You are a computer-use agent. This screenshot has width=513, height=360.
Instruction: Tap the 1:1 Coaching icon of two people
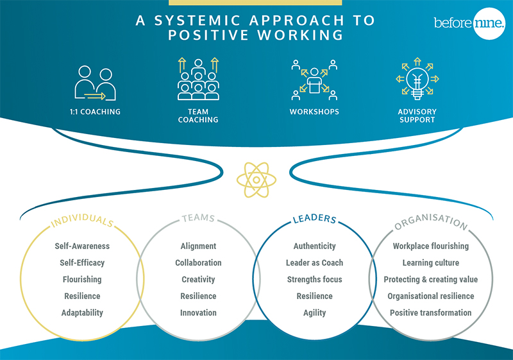coord(95,83)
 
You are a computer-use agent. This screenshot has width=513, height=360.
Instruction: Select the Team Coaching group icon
coord(198,79)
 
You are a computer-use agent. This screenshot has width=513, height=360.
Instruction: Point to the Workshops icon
coord(314,80)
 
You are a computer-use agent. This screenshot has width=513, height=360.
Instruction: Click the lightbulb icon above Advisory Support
coord(417,79)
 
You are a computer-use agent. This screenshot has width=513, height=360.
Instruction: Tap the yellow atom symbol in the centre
coord(256,180)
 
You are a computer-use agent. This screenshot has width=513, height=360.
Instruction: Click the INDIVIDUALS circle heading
coord(82,221)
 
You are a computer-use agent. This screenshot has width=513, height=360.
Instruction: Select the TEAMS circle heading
coord(198,218)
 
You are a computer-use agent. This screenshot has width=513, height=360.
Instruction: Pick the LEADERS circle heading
coord(314,219)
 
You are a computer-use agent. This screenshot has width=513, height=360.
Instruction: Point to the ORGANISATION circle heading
coord(431,221)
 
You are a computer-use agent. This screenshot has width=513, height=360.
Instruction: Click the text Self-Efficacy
coord(82,263)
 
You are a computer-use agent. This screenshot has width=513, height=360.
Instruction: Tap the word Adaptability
coord(82,313)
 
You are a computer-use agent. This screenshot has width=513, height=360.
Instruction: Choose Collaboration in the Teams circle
coord(198,263)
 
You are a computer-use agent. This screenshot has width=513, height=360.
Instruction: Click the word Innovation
coord(198,313)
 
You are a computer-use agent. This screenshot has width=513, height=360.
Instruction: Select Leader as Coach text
coord(314,263)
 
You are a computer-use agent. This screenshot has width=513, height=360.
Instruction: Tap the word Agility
coord(314,313)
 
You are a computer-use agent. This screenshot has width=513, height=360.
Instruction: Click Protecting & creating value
coord(430,280)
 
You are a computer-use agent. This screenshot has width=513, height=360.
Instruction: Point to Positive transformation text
coord(430,313)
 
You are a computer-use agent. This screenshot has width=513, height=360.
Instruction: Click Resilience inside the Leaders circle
coord(314,296)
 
